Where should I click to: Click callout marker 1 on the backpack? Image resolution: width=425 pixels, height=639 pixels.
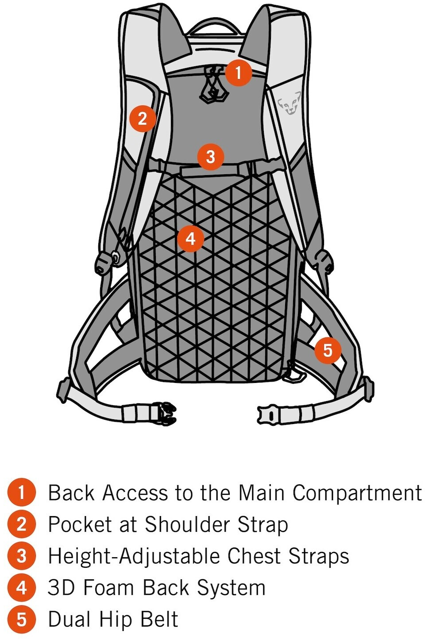click(x=238, y=73)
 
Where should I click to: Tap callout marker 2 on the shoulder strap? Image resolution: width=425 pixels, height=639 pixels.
click(x=143, y=119)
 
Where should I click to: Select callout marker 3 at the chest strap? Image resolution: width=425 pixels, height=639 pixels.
click(x=210, y=157)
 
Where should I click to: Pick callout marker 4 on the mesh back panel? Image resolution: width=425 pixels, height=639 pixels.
click(x=190, y=238)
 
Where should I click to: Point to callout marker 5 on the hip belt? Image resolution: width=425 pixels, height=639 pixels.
click(x=328, y=350)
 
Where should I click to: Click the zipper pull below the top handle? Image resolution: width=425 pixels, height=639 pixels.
click(x=214, y=84)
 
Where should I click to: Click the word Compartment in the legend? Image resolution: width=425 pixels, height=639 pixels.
click(x=357, y=493)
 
